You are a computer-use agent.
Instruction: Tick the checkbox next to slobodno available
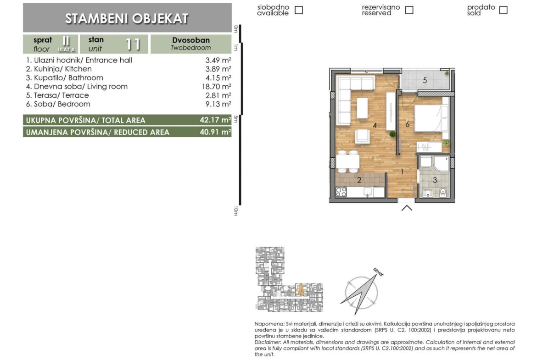tap(299, 10)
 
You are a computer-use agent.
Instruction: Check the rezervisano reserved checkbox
tap(409, 10)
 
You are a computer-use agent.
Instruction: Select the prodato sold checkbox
tap(503, 10)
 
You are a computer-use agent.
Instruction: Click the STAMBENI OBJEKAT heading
tap(127, 18)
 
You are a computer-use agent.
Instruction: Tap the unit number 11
tap(133, 44)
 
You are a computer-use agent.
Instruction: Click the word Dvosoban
tap(191, 40)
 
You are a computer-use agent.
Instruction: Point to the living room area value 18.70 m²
tap(217, 87)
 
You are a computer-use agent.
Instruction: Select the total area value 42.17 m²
tap(215, 120)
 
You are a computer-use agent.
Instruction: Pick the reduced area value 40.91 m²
tap(215, 132)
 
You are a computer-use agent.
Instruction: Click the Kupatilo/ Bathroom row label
tap(64, 78)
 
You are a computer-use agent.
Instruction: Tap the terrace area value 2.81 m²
tap(218, 95)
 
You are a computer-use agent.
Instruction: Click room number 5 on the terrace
tap(425, 80)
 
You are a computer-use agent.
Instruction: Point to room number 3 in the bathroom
tap(435, 180)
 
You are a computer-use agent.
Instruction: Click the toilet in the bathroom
tap(443, 192)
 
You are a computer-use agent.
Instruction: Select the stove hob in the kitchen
tap(341, 192)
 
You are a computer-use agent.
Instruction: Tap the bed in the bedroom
tap(431, 118)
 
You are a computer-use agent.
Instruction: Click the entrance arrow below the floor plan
tap(407, 208)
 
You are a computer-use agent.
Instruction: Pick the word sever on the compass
tap(379, 272)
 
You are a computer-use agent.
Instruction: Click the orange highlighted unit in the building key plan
tap(300, 290)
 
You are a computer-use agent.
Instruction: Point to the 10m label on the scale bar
tap(236, 211)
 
